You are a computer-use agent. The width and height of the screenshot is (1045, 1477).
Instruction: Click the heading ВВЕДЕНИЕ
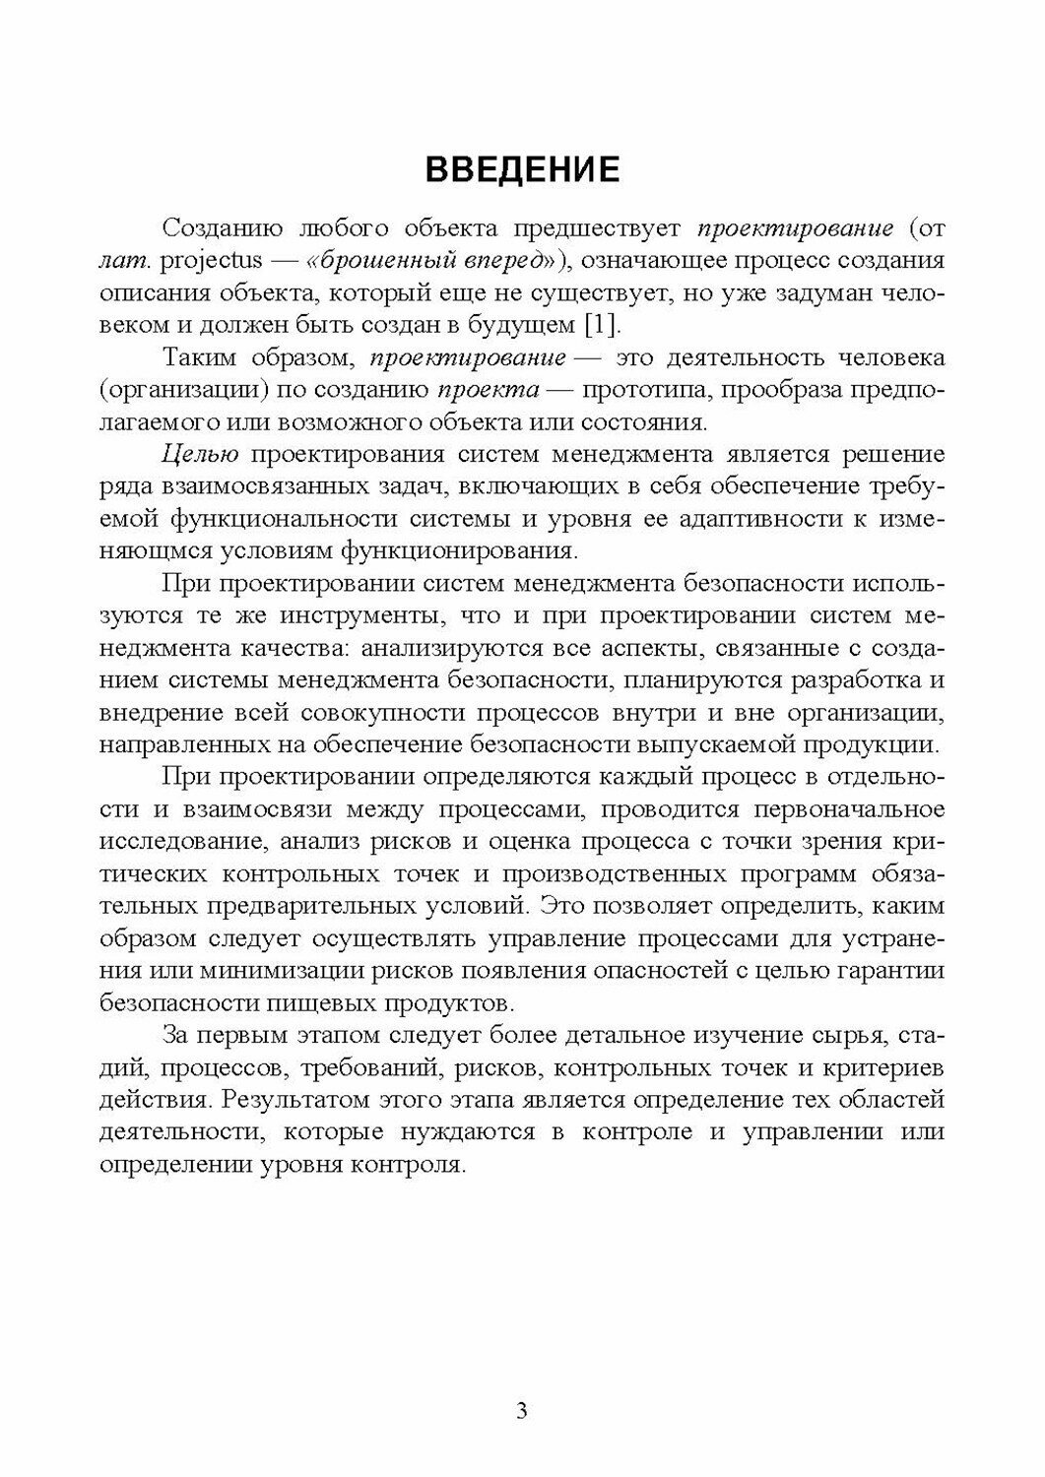pyautogui.click(x=522, y=169)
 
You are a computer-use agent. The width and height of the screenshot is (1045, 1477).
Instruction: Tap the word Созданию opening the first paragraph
pyautogui.click(x=220, y=229)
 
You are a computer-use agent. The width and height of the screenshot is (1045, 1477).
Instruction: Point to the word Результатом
pyautogui.click(x=294, y=1098)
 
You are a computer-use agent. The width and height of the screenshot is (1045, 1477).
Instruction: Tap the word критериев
pyautogui.click(x=875, y=1066)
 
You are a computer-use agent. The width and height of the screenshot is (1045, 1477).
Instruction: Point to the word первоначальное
pyautogui.click(x=833, y=809)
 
